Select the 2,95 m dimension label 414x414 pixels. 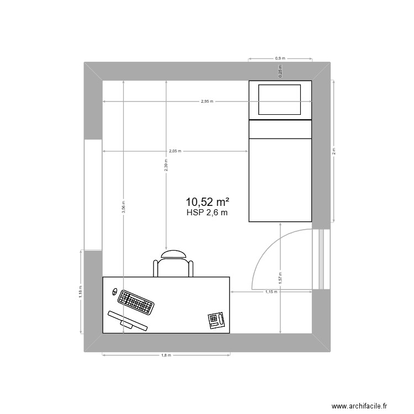(207, 102)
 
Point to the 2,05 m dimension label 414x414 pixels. (175, 151)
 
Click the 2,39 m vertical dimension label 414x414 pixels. (166, 165)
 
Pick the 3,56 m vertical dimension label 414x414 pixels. (124, 206)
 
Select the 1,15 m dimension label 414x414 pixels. (270, 291)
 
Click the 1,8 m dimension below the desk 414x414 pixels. (165, 355)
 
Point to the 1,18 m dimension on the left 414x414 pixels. (81, 291)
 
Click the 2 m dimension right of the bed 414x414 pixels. (333, 151)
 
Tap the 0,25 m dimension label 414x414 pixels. (280, 71)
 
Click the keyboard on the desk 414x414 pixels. (135, 301)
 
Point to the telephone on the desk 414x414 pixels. (216, 320)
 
